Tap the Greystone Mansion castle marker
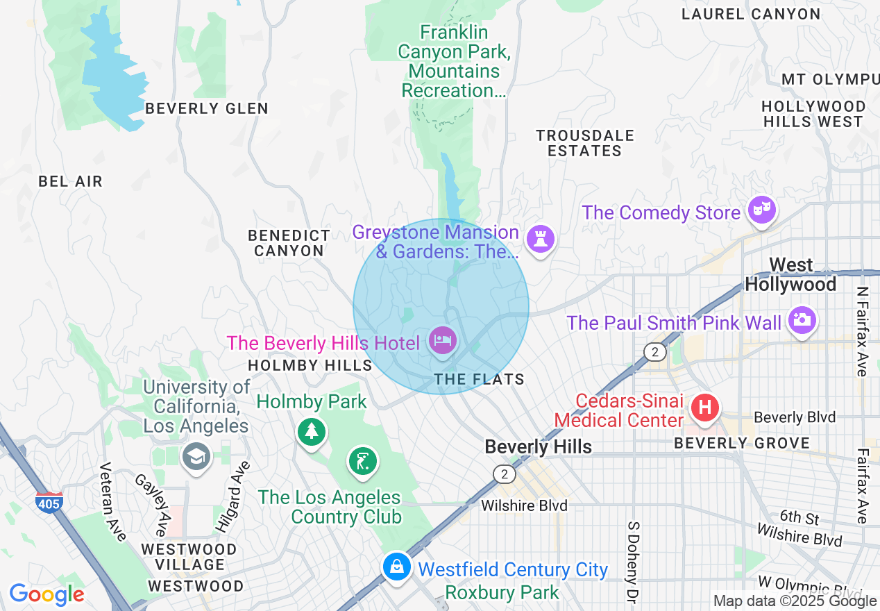click(541, 239)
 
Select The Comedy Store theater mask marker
click(762, 209)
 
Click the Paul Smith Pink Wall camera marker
click(802, 320)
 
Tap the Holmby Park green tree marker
click(312, 431)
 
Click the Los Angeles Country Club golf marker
click(362, 461)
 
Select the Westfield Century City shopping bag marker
click(396, 567)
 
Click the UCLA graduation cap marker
click(196, 456)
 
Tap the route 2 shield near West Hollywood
click(654, 351)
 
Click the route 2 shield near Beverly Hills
click(505, 474)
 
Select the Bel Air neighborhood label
click(70, 181)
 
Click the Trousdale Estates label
click(584, 143)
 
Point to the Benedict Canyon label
click(289, 243)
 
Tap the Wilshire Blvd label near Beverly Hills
click(525, 505)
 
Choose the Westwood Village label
click(189, 557)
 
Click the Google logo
click(46, 594)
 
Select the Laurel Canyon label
click(751, 14)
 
